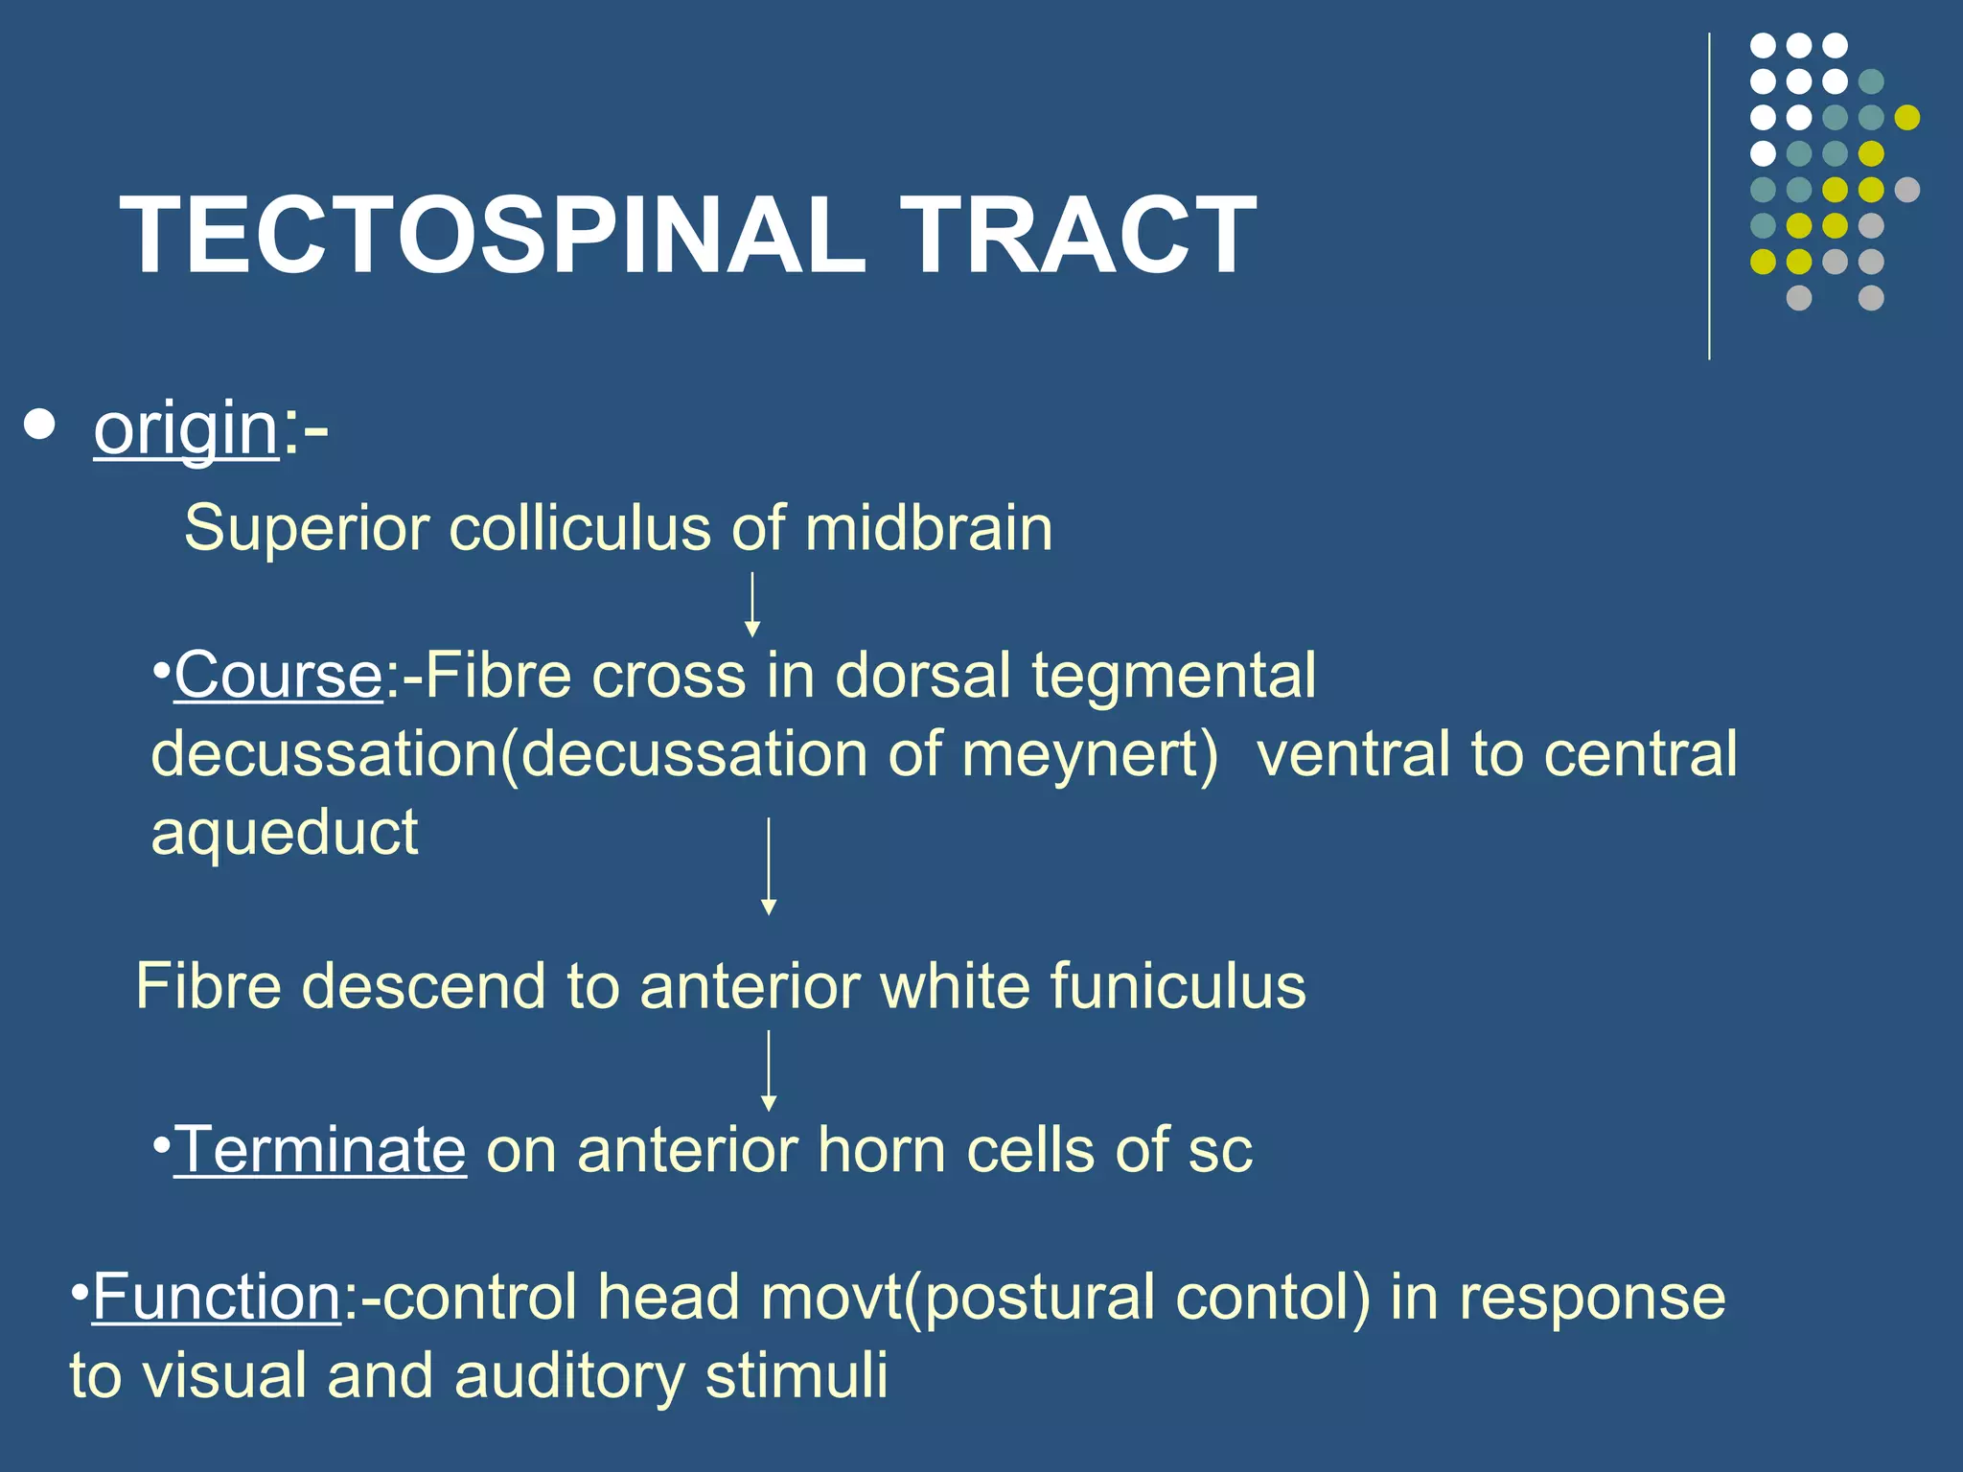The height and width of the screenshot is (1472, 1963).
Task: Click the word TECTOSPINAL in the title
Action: tap(493, 236)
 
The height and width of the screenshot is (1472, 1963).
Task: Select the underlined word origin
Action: tap(186, 430)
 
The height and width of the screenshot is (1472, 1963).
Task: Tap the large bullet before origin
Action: tap(39, 425)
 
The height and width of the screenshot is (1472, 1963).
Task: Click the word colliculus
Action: tap(579, 529)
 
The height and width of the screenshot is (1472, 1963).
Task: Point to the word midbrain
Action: tap(928, 529)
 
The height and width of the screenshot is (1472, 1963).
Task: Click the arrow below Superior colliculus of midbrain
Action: tap(752, 604)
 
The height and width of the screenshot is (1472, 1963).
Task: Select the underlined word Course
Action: tap(278, 677)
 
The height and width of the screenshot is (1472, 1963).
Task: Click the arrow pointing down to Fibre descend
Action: tap(768, 865)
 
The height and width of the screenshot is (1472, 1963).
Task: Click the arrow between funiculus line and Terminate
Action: tap(768, 1069)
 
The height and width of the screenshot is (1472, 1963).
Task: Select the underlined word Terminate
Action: tap(320, 1150)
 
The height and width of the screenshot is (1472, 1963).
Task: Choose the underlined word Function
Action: tap(218, 1298)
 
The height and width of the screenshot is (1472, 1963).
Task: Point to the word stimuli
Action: tap(797, 1376)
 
